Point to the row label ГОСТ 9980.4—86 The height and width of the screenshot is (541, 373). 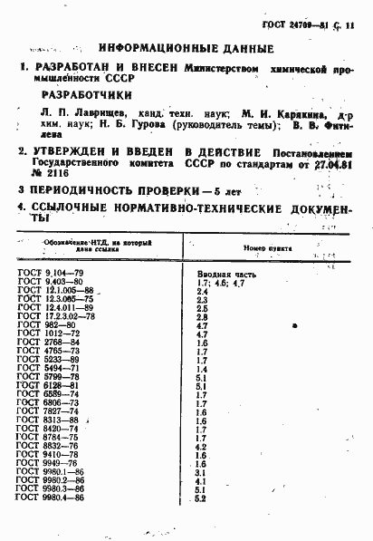pos(52,498)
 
